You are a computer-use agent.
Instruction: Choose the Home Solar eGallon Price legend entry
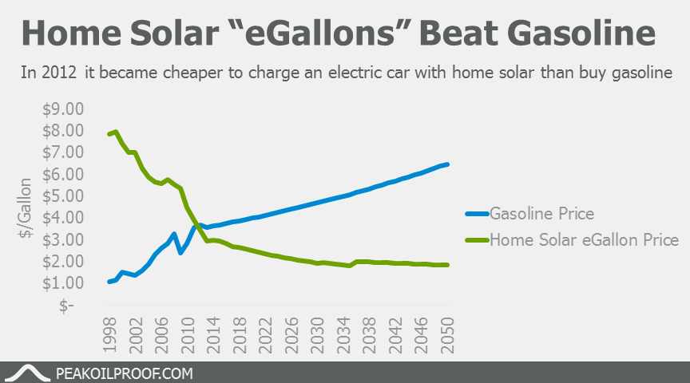[583, 239]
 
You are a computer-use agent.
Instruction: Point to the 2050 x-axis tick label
[447, 333]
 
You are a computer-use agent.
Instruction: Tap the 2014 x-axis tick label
[214, 333]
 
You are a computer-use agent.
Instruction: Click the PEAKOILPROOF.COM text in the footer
[125, 373]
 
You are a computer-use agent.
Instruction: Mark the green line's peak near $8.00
[116, 132]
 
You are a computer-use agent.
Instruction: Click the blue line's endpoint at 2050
[448, 164]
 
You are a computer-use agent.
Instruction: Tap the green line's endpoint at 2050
[448, 265]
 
